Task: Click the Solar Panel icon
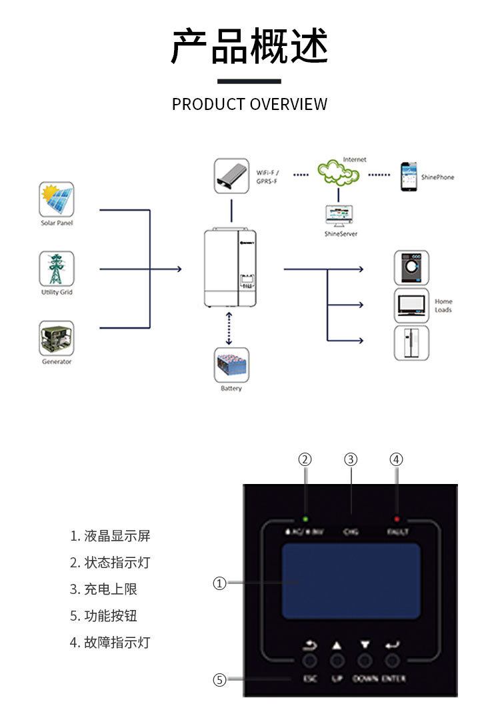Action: [57, 199]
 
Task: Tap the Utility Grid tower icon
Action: [57, 268]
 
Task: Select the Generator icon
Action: [57, 338]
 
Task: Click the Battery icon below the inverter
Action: [231, 365]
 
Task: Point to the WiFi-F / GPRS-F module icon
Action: [231, 175]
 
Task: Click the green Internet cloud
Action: [339, 173]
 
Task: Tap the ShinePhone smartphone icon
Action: [409, 177]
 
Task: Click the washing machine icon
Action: [411, 268]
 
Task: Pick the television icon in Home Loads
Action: [411, 305]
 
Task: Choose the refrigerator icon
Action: [411, 343]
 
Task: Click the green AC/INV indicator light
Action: [305, 519]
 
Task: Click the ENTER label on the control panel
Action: [393, 679]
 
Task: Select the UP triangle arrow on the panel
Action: [337, 645]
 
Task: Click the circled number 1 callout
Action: [219, 583]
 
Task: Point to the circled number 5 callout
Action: [219, 680]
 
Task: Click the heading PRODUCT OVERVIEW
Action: [249, 104]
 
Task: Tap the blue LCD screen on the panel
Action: [351, 581]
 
